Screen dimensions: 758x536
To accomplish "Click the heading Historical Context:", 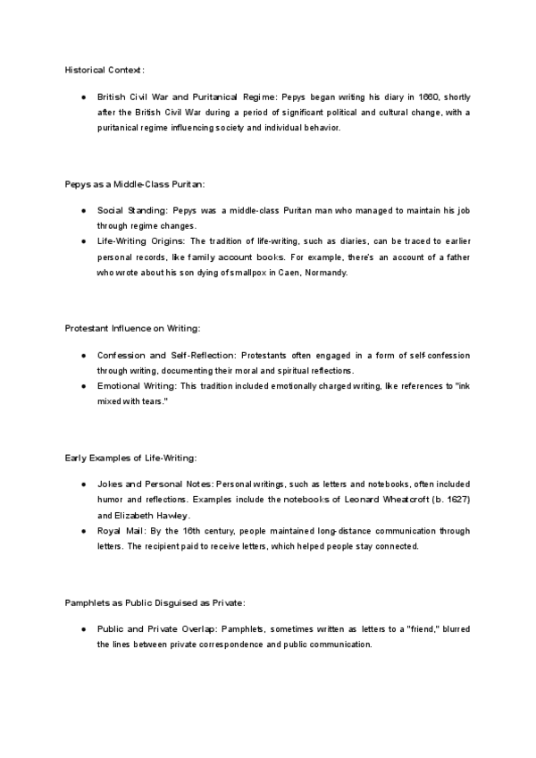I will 104,69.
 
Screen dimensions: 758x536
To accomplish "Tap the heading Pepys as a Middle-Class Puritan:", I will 135,184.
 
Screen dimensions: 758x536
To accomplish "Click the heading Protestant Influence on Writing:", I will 138,328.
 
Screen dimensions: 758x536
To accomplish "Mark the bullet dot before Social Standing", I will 83,212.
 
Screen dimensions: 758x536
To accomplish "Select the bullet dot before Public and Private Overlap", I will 83,629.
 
